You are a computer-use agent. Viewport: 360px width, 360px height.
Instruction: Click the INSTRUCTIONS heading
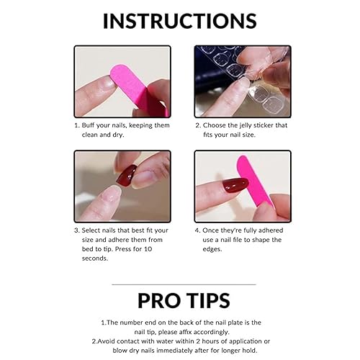point(179,19)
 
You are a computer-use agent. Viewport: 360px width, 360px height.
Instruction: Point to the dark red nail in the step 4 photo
point(235,185)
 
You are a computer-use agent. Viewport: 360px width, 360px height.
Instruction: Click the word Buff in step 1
point(92,125)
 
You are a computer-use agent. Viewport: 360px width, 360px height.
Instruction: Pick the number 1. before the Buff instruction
point(77,125)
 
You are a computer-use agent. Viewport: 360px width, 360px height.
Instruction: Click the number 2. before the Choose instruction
point(197,125)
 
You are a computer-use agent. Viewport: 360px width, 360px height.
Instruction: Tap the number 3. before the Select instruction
point(77,231)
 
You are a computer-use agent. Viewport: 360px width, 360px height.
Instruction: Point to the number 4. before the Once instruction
point(197,231)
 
